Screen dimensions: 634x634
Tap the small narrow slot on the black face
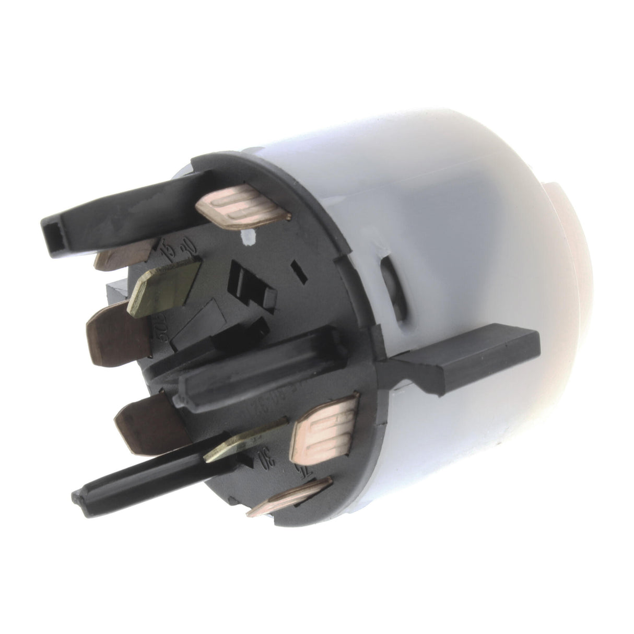pos(299,272)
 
